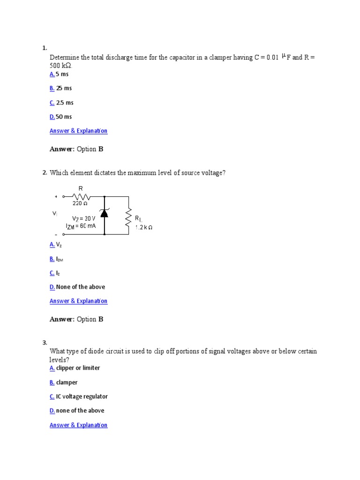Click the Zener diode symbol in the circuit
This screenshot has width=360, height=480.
pos(104,213)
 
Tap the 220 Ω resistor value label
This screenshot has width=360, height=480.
pos(79,203)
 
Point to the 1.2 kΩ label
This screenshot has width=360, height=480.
pos(144,227)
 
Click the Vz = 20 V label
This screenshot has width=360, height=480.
pos(84,218)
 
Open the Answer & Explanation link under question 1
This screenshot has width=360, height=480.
pos(78,131)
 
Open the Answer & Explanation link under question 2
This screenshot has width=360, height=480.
pos(78,301)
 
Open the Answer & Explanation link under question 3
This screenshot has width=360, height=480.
pos(78,425)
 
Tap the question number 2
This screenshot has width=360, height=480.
pos(44,173)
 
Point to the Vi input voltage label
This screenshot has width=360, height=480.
pos(55,213)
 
